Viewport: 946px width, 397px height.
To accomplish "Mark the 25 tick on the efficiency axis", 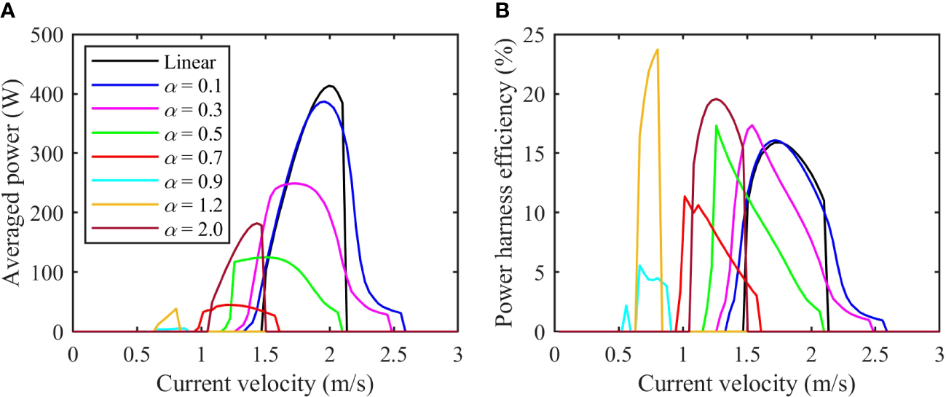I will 537,35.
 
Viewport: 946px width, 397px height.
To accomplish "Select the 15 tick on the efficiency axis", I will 537,154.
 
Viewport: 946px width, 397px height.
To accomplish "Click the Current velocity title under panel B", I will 746,382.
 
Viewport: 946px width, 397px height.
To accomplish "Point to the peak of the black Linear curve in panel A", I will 331,86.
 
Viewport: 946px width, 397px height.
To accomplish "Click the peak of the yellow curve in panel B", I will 658,50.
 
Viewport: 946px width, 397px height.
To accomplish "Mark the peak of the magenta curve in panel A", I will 292,183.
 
